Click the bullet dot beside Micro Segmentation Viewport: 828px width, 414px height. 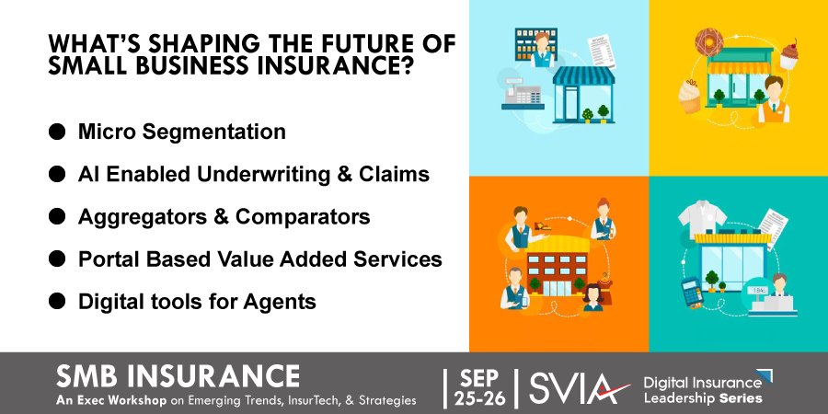(x=57, y=132)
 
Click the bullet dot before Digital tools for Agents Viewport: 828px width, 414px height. (x=57, y=301)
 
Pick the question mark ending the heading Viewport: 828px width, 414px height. (x=405, y=68)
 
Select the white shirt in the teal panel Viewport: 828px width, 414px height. (x=702, y=217)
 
